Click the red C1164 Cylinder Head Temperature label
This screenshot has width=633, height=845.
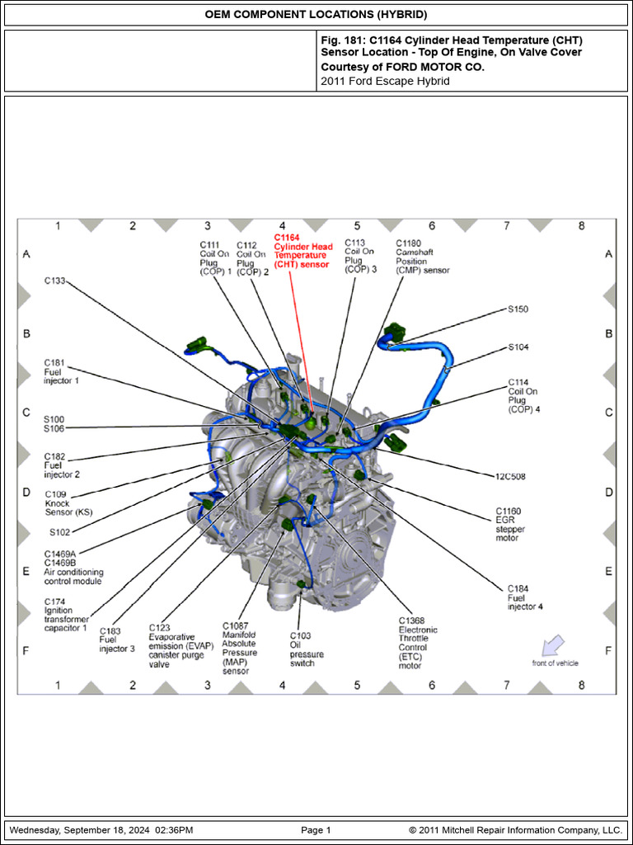pos(302,251)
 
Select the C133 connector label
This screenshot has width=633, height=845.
pos(54,281)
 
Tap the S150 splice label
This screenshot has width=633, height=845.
pos(518,309)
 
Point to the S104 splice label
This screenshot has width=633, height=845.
pos(518,347)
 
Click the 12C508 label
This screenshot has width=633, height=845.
pos(510,476)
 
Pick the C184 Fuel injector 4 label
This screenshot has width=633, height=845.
pos(525,597)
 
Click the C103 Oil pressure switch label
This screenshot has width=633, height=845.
pos(307,649)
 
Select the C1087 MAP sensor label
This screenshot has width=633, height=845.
pos(239,649)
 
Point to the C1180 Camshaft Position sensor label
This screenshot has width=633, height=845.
pos(422,257)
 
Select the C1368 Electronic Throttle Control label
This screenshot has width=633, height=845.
pos(418,643)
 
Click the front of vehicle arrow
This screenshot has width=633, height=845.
pos(553,644)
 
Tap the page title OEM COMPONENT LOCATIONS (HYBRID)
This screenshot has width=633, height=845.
pos(316,15)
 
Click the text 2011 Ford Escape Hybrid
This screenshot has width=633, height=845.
pos(385,81)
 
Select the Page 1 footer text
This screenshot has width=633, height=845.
pos(316,830)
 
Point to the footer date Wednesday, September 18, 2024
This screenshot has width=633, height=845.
pos(101,830)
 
